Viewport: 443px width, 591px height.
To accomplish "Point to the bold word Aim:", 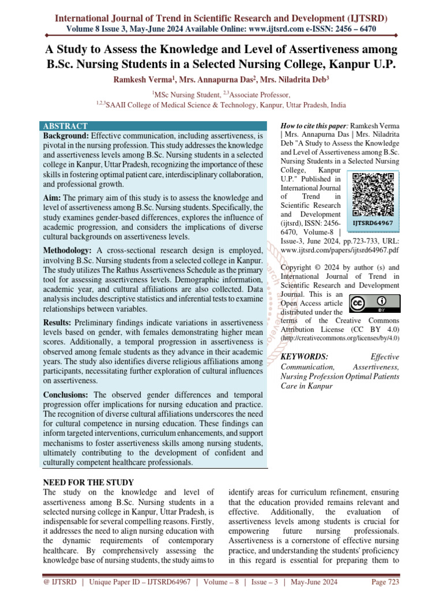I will coord(52,198).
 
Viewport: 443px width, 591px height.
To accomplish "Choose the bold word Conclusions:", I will coord(66,395).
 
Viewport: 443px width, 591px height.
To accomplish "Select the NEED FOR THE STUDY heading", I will coord(89,482).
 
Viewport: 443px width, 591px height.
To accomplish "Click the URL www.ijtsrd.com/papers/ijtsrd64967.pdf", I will coord(339,250).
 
